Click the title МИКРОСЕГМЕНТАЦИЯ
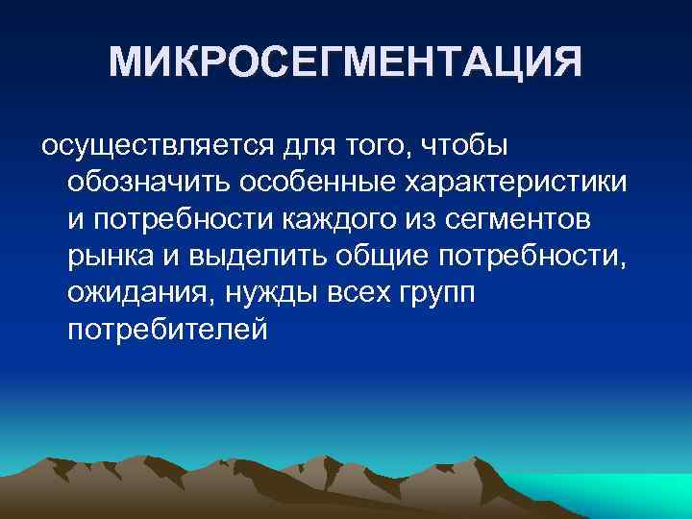click(x=345, y=63)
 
